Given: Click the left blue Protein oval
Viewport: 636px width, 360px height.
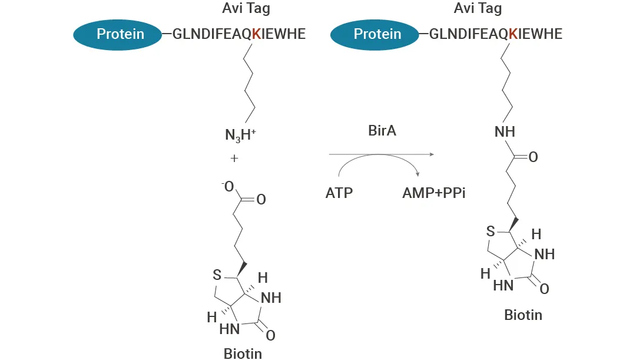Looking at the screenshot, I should pyautogui.click(x=120, y=34).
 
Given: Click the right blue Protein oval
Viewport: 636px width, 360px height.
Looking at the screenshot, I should pyautogui.click(x=377, y=34).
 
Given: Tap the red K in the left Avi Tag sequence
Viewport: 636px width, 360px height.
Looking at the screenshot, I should pyautogui.click(x=256, y=34).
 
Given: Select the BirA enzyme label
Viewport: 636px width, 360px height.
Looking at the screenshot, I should pyautogui.click(x=382, y=131).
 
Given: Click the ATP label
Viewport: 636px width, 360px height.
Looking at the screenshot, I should pyautogui.click(x=339, y=193).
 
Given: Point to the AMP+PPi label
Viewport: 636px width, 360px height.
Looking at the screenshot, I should pyautogui.click(x=434, y=193).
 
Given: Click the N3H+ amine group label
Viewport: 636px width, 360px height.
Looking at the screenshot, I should pyautogui.click(x=240, y=136).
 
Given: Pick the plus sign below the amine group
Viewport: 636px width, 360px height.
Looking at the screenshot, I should pyautogui.click(x=234, y=158).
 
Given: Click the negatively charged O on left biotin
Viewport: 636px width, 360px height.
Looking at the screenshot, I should pyautogui.click(x=228, y=187).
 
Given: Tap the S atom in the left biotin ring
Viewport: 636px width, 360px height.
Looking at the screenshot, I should pyautogui.click(x=217, y=275).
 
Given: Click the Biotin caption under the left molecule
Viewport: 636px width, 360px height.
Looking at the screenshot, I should pyautogui.click(x=243, y=354).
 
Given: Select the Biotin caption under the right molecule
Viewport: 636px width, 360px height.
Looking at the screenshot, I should pyautogui.click(x=523, y=315).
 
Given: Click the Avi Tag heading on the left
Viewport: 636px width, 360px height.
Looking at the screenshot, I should pyautogui.click(x=246, y=8).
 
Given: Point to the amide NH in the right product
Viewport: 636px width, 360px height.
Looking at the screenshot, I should pyautogui.click(x=505, y=131).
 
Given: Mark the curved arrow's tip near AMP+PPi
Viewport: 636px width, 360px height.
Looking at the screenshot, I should pyautogui.click(x=418, y=174).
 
